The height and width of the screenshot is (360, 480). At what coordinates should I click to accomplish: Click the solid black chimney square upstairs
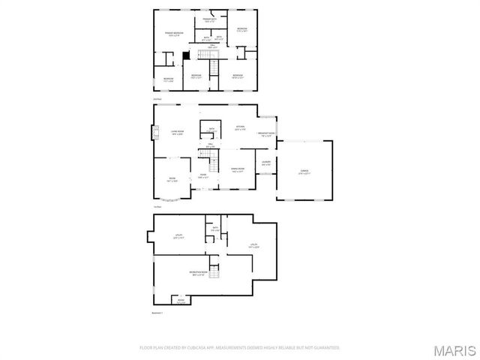tap(187, 55)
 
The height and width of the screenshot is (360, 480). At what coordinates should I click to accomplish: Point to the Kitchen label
tap(239, 127)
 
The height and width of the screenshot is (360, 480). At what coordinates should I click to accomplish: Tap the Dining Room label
tap(238, 169)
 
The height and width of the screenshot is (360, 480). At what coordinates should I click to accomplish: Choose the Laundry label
tap(265, 163)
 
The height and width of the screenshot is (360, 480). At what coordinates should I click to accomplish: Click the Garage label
tap(304, 171)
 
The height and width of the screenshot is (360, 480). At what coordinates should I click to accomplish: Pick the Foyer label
tap(202, 176)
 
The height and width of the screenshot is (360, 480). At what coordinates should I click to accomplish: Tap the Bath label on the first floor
tap(211, 129)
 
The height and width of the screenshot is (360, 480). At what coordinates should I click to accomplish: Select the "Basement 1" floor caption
tap(157, 312)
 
